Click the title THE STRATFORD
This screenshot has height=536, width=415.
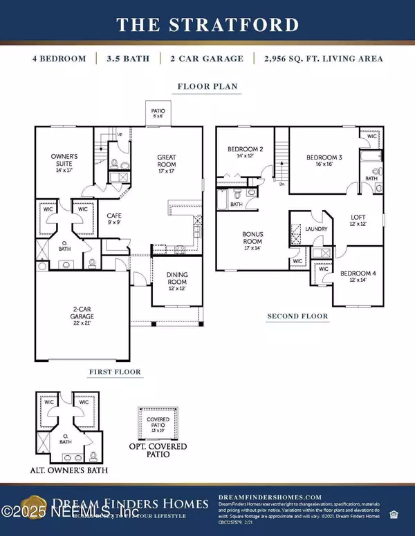point(207,25)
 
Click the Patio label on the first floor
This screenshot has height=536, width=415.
point(159,111)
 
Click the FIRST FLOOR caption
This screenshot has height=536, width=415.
point(115,372)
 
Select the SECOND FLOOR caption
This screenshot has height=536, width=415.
point(297,316)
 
